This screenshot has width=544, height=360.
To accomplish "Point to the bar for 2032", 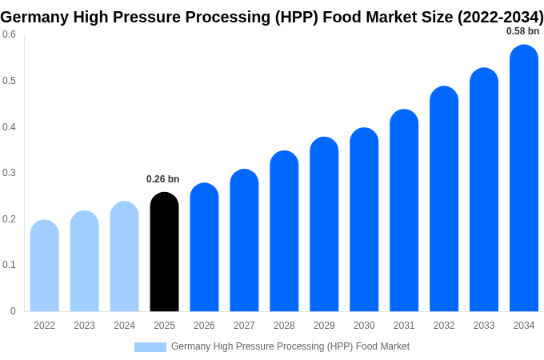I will [444, 199].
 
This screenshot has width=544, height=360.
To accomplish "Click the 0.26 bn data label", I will [163, 179].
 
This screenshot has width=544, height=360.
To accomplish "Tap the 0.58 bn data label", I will [522, 31].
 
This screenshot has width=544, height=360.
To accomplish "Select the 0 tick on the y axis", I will [13, 311].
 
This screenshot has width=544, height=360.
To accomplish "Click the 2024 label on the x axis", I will [124, 326].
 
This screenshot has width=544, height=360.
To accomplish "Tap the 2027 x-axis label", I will [244, 326].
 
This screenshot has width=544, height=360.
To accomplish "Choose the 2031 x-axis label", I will [404, 326].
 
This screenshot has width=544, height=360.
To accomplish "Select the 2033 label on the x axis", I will [484, 326].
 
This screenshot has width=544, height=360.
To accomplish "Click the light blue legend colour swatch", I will [150, 347].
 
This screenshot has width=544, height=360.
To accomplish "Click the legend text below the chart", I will [290, 346].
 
